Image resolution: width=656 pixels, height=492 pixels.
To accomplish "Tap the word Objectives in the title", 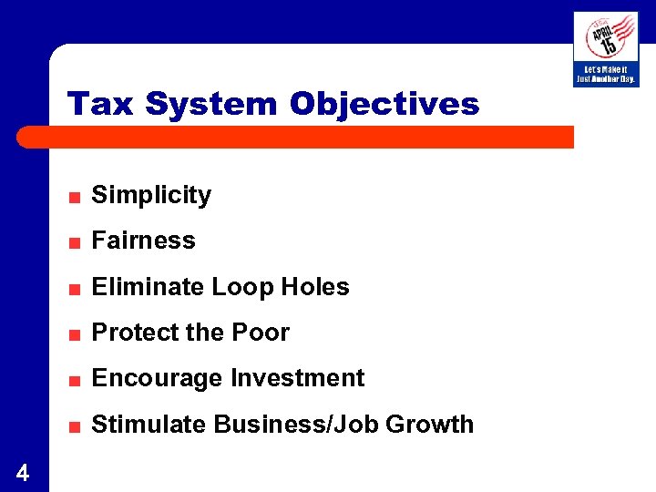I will tap(384, 104).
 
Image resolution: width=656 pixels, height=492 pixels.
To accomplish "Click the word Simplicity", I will tap(151, 195).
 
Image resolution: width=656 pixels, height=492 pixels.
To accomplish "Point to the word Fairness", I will tap(144, 241).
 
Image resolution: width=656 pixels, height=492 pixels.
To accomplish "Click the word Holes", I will tap(314, 287).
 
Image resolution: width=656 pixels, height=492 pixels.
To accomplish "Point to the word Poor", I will tap(261, 333).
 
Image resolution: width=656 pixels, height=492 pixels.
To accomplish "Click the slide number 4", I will tap(23, 473).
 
